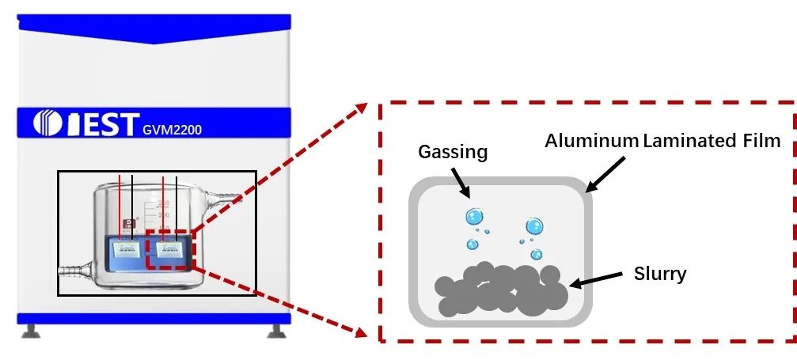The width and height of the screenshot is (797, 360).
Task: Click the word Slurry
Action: (x=660, y=274)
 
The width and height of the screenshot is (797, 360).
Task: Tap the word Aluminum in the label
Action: (x=591, y=141)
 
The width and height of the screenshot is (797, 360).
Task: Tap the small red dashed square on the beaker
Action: (x=169, y=250)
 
